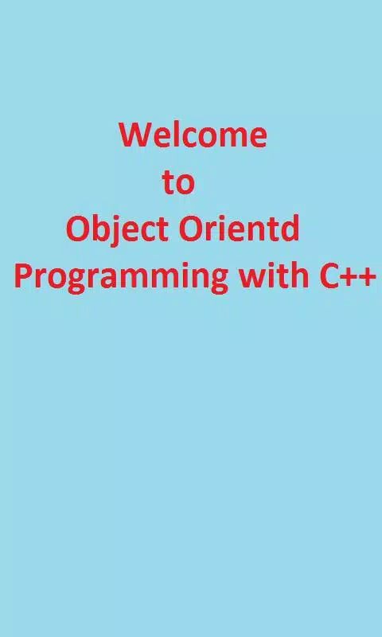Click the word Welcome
tap(193, 135)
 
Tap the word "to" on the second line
tap(178, 182)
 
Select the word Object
tap(117, 230)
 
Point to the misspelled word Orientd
tap(239, 229)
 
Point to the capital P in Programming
tap(24, 276)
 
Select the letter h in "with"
tap(299, 275)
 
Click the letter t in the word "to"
tap(169, 183)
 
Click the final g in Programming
tap(218, 281)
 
